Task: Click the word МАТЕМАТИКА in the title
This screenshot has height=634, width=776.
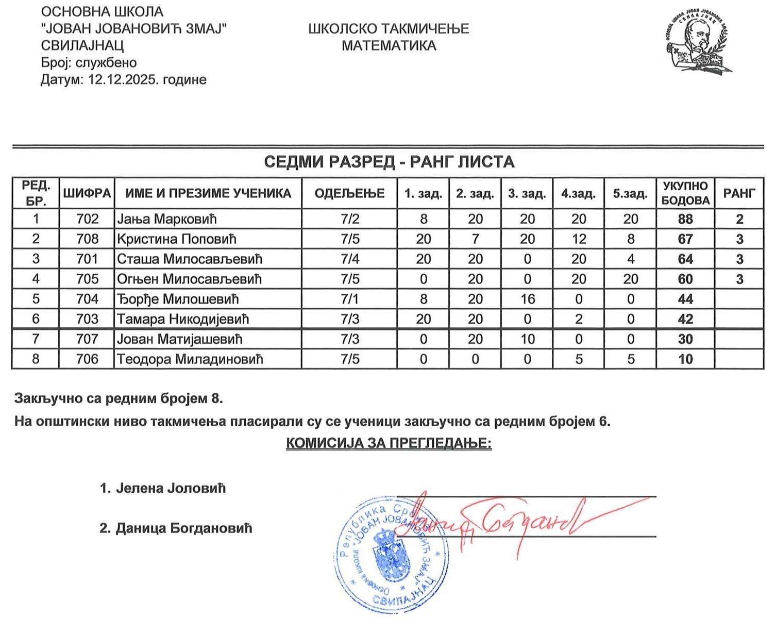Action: click(389, 46)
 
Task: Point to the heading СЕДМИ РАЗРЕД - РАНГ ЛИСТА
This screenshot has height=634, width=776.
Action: click(389, 162)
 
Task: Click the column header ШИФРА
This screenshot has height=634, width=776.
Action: click(87, 193)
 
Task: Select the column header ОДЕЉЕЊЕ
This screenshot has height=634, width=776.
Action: click(349, 193)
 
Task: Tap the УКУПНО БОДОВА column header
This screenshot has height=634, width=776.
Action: click(685, 193)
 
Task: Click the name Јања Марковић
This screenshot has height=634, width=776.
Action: click(167, 219)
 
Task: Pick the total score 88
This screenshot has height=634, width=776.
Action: click(685, 219)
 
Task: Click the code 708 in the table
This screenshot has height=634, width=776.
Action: click(87, 239)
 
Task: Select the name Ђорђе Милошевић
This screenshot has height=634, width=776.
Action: click(178, 299)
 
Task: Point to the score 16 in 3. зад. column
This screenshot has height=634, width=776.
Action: click(527, 299)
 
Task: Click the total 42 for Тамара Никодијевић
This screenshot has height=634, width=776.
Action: click(685, 319)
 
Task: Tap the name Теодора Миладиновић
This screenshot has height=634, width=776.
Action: click(190, 359)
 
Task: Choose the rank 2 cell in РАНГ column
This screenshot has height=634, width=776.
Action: click(739, 219)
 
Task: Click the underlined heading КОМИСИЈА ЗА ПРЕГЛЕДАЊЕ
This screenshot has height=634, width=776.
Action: click(389, 443)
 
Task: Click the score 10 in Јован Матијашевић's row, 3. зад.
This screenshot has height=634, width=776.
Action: click(527, 339)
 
